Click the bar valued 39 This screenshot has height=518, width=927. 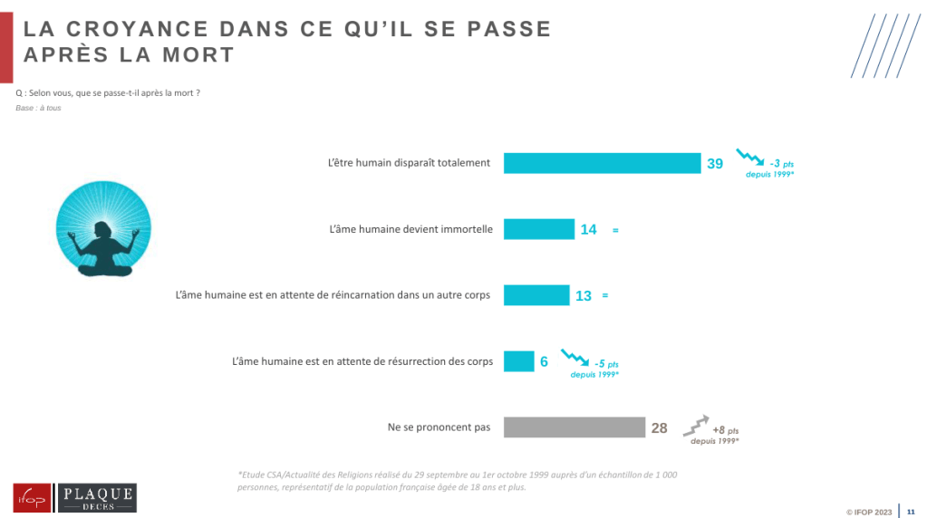coord(602,163)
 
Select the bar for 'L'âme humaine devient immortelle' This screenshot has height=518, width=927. coord(538,229)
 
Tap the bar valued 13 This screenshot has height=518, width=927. coord(536,295)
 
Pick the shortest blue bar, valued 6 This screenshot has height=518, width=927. coord(518,361)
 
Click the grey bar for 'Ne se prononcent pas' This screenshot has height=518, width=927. coord(574,427)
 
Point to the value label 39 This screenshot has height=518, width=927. coord(715,164)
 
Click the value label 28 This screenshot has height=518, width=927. coord(659,428)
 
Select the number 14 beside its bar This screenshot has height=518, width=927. coord(588,230)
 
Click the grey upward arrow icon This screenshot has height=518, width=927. coord(694,424)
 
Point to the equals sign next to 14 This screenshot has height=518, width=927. coord(615,231)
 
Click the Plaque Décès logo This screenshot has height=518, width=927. coord(97,498)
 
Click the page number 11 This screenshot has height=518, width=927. coord(911,512)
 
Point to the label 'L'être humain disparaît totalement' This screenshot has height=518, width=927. coord(409,163)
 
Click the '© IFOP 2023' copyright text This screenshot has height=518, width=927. coord(869,513)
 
